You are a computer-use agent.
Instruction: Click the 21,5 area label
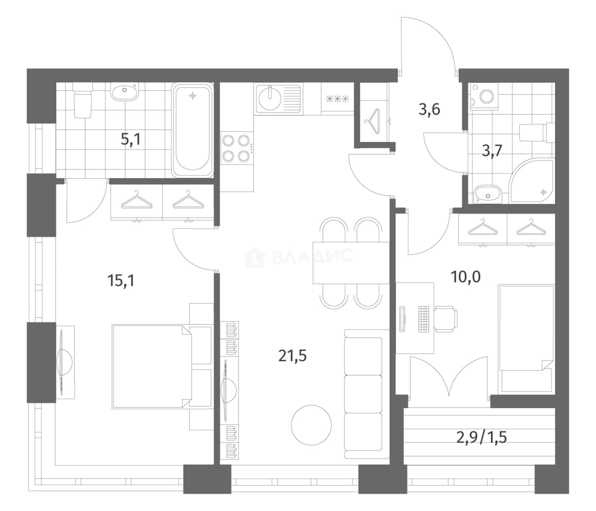click(x=292, y=356)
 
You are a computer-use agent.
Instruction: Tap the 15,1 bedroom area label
click(x=121, y=280)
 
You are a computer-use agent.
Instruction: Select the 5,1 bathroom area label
click(x=131, y=139)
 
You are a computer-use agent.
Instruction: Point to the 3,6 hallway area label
click(x=429, y=110)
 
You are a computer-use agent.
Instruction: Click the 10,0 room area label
click(x=465, y=277)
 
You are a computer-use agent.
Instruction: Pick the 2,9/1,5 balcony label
click(x=481, y=437)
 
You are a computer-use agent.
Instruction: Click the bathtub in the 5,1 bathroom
click(x=192, y=130)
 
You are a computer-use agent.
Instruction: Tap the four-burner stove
click(x=237, y=148)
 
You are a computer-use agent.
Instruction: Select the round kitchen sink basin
click(x=270, y=99)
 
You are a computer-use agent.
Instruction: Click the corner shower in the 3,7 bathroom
click(x=531, y=181)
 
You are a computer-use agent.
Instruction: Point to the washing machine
click(x=484, y=96)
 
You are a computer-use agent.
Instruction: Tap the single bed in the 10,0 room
click(x=526, y=339)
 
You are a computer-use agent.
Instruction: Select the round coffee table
click(x=311, y=425)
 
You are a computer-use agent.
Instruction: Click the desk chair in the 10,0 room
click(x=445, y=319)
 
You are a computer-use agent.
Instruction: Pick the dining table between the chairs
click(x=351, y=263)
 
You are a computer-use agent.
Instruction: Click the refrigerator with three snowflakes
click(x=337, y=99)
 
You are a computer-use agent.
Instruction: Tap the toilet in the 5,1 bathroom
click(x=83, y=100)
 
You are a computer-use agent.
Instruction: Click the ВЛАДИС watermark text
click(x=312, y=256)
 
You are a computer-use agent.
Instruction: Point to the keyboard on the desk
click(x=423, y=319)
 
